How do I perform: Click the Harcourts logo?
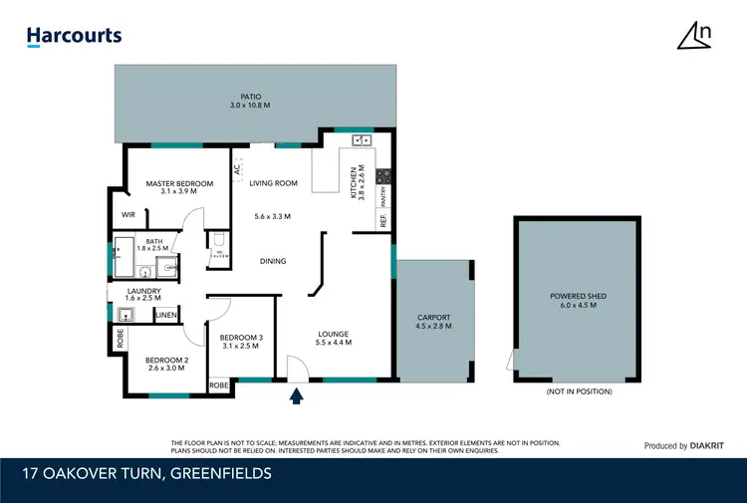pos(74,37)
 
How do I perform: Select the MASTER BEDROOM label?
pos(179,183)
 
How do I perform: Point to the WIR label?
pos(127,214)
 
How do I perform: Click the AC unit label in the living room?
pos(237,169)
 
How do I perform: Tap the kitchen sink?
pos(361,140)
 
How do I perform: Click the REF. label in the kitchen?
pos(382,221)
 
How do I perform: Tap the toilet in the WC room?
pos(217,240)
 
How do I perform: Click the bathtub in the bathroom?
pos(124,255)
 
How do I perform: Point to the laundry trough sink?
pos(125,316)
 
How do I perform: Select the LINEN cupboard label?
pos(166,316)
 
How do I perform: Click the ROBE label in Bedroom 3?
pos(218,384)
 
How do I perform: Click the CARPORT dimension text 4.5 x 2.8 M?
pos(433,326)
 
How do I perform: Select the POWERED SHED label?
pos(579,296)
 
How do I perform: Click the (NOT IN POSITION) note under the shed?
pos(579,391)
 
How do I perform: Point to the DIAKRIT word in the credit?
pos(710,446)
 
